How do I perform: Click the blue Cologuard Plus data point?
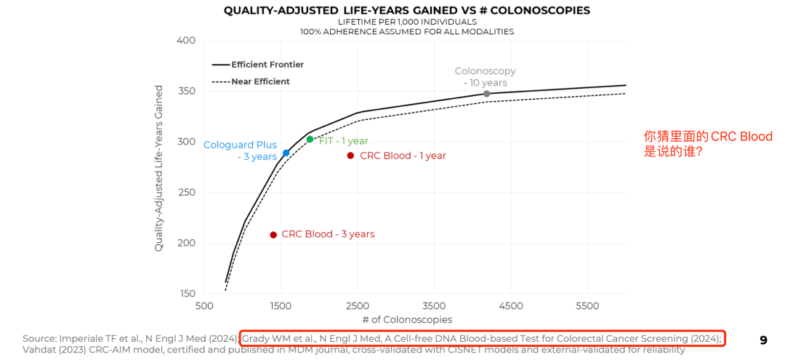point(286,153)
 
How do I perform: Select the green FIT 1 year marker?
point(310,140)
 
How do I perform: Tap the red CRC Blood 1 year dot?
point(350,156)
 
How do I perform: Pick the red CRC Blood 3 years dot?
point(273,234)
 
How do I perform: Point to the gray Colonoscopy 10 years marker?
point(486,94)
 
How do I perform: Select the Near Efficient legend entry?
point(260,81)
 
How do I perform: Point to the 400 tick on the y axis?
point(186,40)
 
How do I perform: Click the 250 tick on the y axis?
point(186,192)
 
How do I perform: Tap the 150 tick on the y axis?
point(186,294)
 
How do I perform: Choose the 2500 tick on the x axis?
point(357,306)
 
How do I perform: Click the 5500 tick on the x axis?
point(587,306)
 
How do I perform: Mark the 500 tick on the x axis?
point(204,306)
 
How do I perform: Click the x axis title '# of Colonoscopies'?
point(407,320)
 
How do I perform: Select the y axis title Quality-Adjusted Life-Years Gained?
point(158,168)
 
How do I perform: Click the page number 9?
point(763,340)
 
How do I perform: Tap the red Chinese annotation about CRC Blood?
point(708,144)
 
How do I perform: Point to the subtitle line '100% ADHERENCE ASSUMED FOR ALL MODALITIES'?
point(407,32)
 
